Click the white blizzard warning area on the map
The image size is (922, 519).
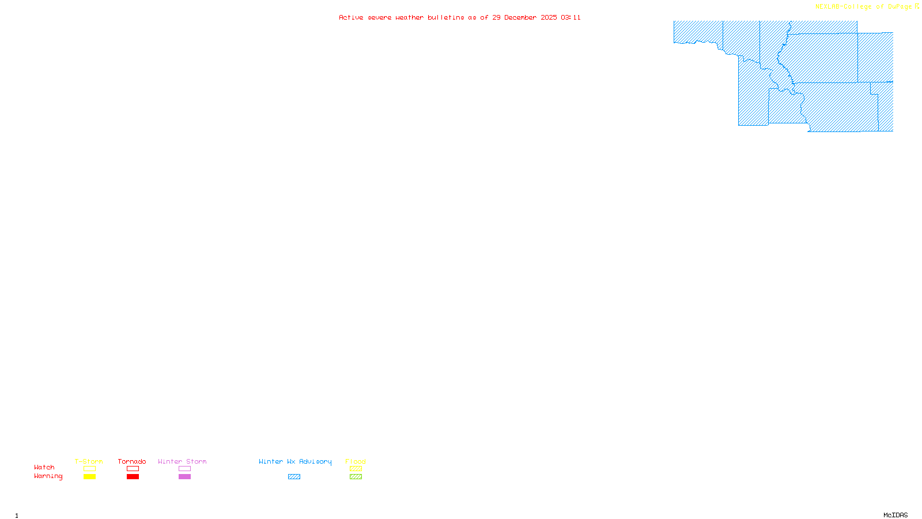(x=875, y=27)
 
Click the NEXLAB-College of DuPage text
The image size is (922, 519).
(x=863, y=7)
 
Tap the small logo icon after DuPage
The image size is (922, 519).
(x=917, y=6)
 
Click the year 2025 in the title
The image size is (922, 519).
(x=549, y=17)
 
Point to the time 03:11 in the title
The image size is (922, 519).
(x=570, y=17)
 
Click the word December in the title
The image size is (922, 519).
(x=520, y=17)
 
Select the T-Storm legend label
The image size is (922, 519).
(x=89, y=461)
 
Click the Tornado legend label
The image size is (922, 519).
(x=132, y=461)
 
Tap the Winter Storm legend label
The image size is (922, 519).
(x=182, y=461)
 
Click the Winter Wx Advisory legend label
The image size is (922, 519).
(x=295, y=461)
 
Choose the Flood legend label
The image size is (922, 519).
(x=356, y=461)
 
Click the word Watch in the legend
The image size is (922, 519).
(x=44, y=467)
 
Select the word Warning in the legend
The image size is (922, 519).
(x=48, y=476)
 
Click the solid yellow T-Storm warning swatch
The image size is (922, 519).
(x=89, y=477)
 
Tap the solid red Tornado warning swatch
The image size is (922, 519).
(x=133, y=477)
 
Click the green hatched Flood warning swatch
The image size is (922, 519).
(x=356, y=477)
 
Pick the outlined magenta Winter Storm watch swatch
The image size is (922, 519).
(x=184, y=469)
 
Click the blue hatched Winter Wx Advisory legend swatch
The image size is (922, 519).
(x=294, y=477)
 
